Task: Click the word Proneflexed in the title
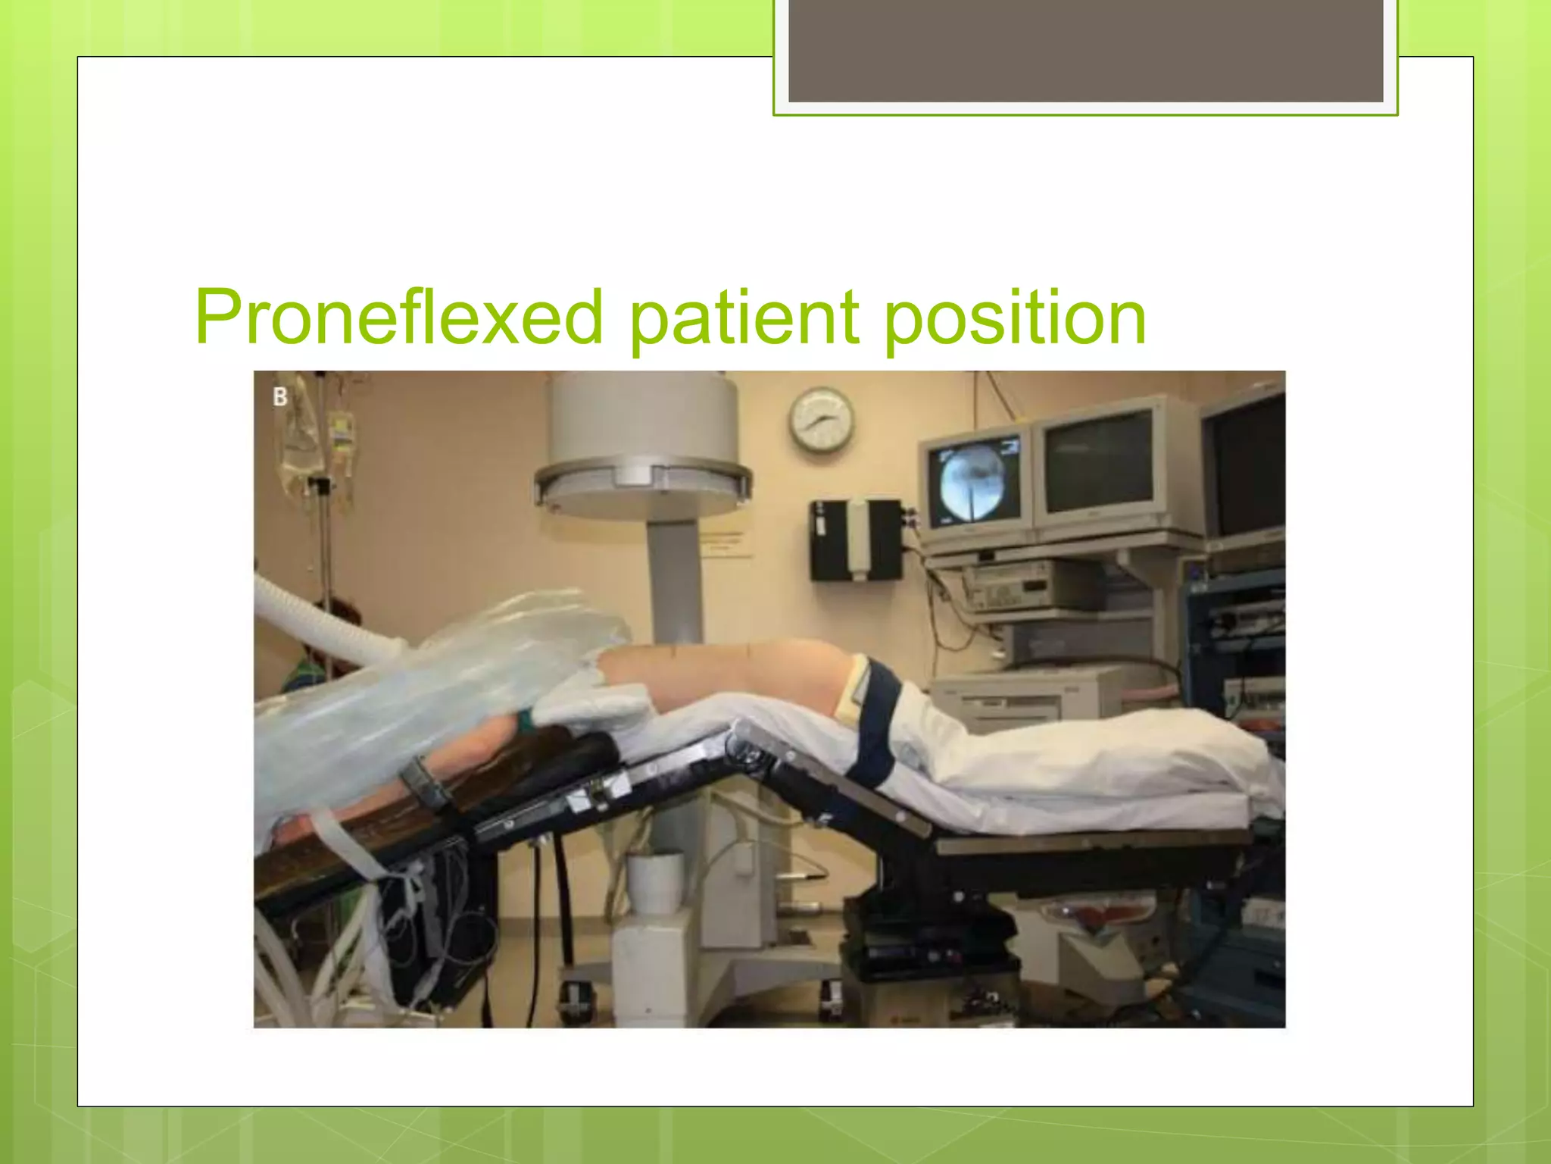pyautogui.click(x=398, y=317)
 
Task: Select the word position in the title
pyautogui.click(x=1015, y=317)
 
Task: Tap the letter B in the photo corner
pyautogui.click(x=280, y=397)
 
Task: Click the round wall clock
pyautogui.click(x=822, y=419)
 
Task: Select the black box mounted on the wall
pyautogui.click(x=856, y=540)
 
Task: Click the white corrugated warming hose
pyautogui.click(x=318, y=621)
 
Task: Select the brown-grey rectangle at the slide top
pyautogui.click(x=1086, y=50)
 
